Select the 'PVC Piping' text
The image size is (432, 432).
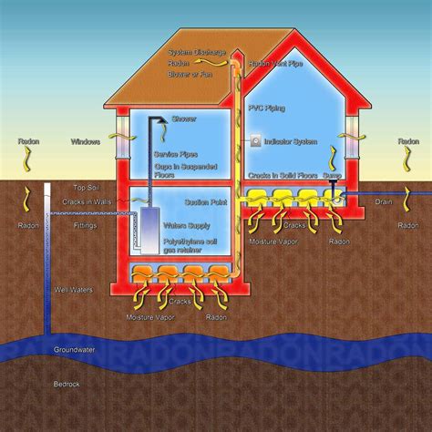[266, 108]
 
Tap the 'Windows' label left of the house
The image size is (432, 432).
[86, 142]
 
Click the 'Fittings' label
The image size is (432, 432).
[86, 224]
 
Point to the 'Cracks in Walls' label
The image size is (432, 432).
[87, 201]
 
